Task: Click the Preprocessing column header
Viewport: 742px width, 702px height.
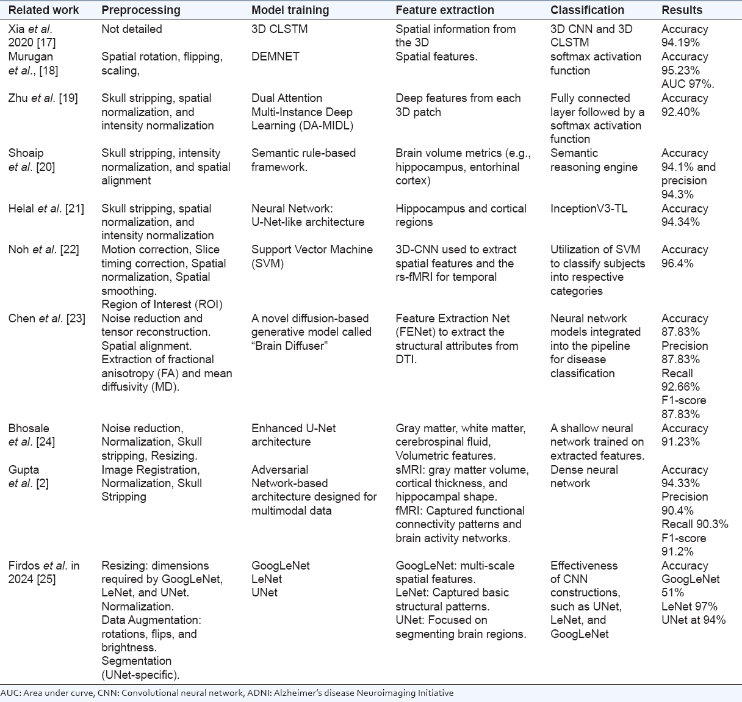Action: tap(140, 10)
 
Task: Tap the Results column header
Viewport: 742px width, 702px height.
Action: tap(682, 10)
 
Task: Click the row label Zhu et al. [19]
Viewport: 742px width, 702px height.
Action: tap(43, 98)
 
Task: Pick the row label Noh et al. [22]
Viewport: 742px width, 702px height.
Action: tap(43, 250)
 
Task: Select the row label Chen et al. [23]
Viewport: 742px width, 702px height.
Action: tap(46, 319)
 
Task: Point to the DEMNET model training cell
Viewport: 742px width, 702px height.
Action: tap(275, 57)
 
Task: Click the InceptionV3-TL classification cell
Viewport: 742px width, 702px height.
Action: tap(588, 209)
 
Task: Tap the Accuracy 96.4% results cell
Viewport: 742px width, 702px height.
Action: tap(685, 256)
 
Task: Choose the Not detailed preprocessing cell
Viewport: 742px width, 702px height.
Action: tap(132, 29)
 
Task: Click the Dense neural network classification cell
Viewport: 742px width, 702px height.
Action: tap(584, 476)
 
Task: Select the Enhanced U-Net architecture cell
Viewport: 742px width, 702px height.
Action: tap(294, 435)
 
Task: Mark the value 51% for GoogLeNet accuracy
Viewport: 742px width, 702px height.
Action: tap(673, 593)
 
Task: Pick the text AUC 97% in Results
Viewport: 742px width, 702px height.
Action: tap(688, 84)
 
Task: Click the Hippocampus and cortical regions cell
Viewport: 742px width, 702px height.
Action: tap(461, 215)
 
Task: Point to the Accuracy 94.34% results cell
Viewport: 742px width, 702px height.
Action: tap(685, 215)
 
